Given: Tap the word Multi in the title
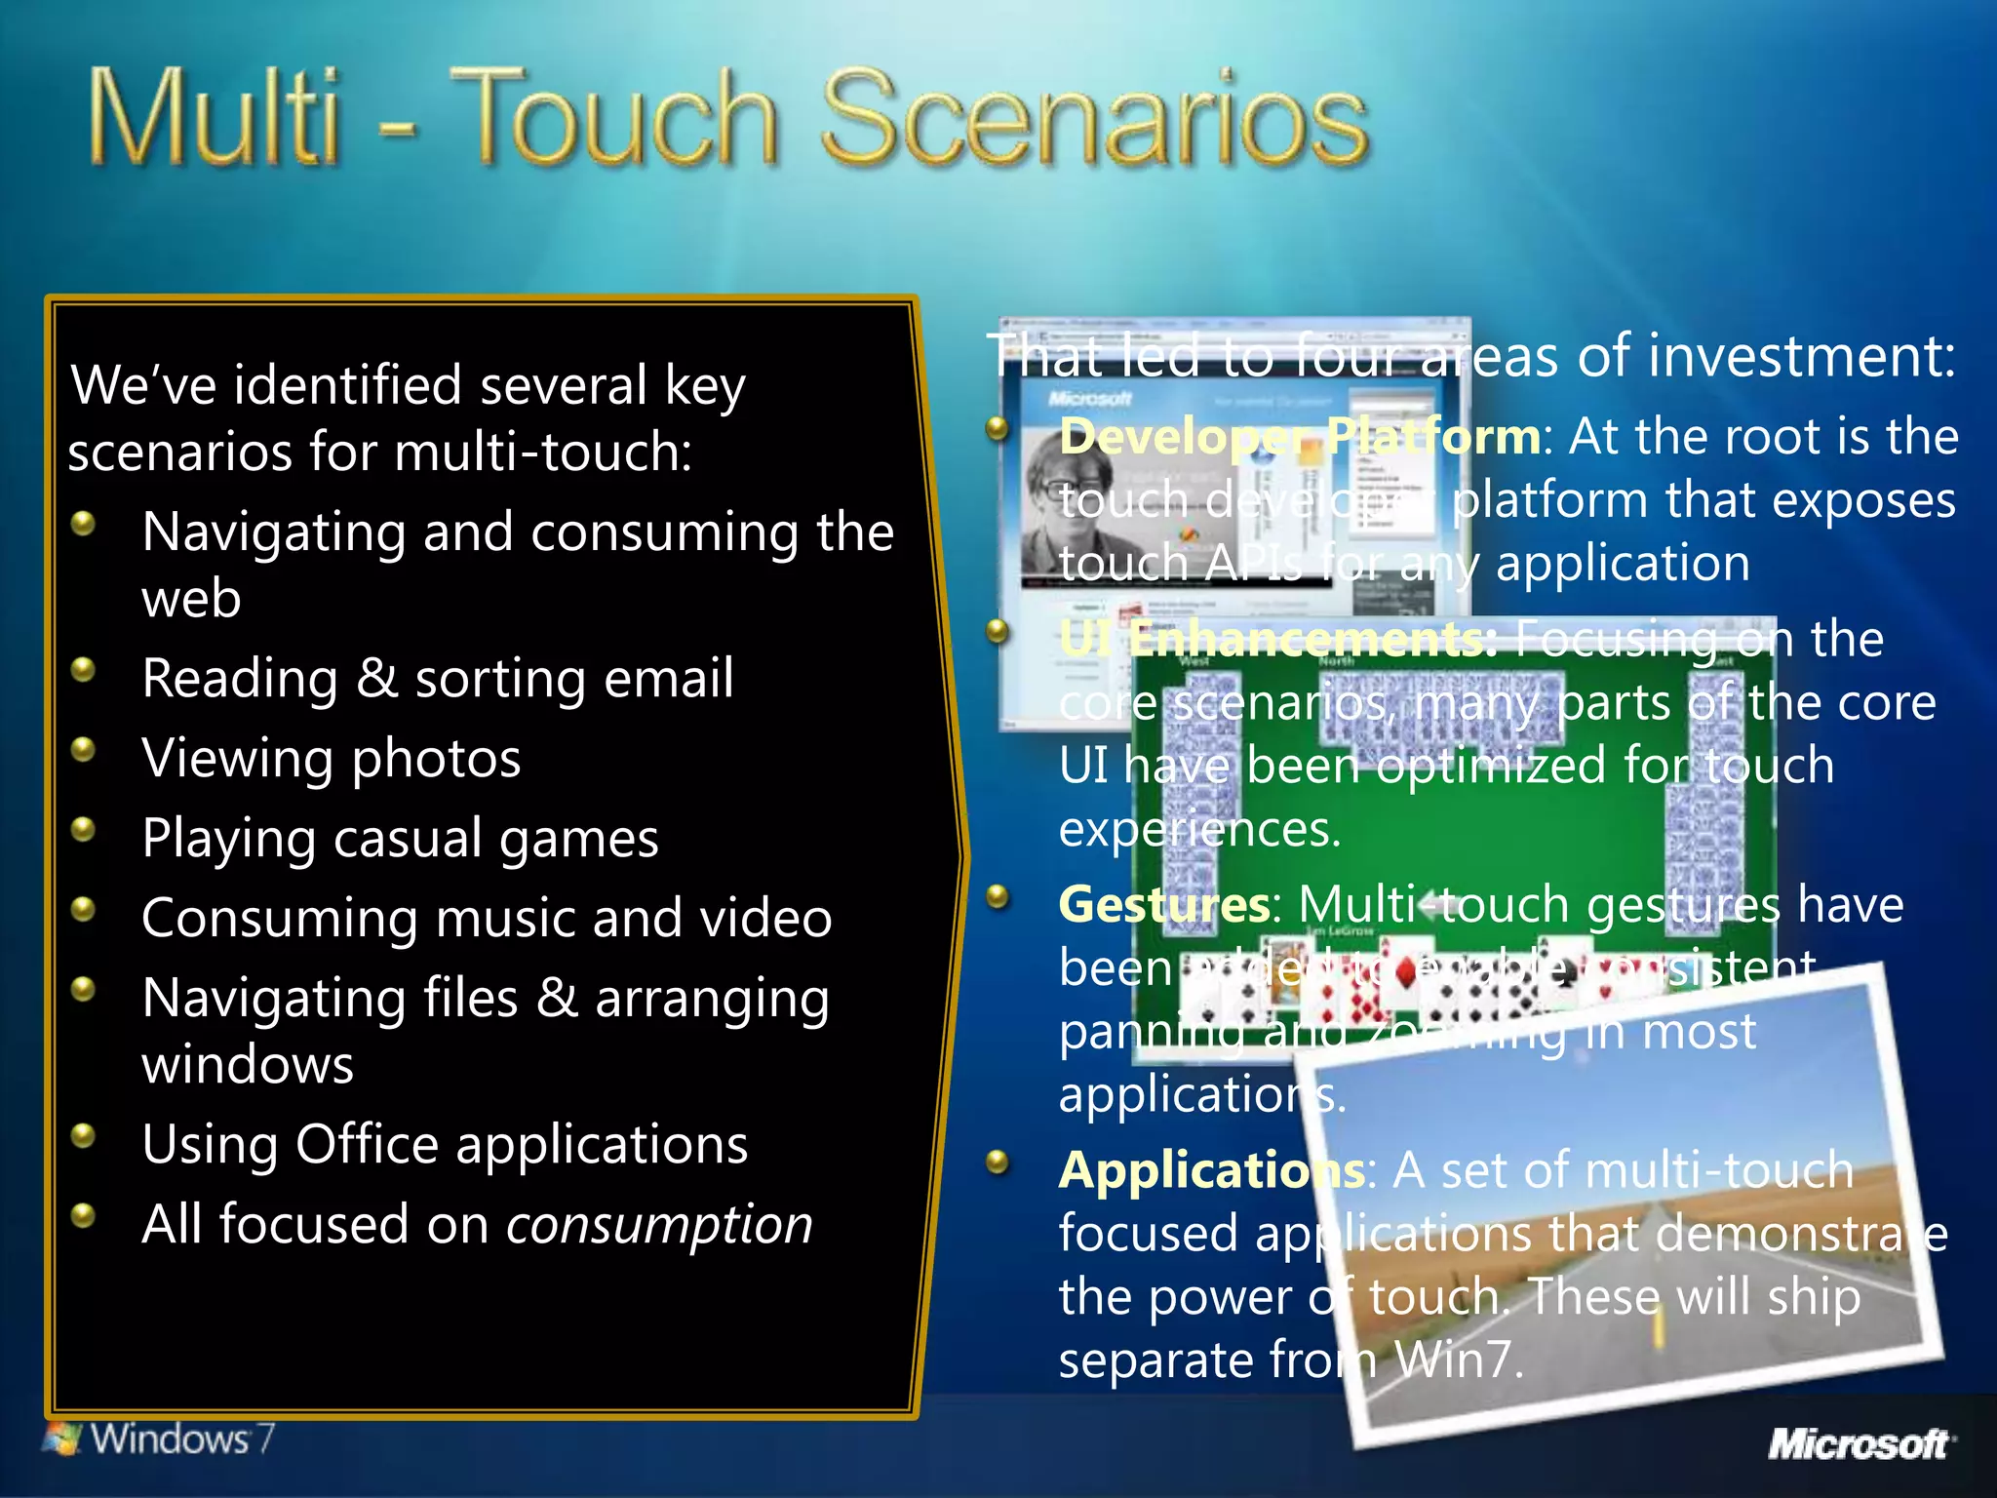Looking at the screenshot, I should [x=215, y=119].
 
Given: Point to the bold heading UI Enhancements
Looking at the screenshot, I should [x=1277, y=640].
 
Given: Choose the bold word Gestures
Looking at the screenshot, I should [x=1164, y=904].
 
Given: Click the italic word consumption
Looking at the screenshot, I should [x=659, y=1225].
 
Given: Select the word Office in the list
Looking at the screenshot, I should [x=367, y=1145].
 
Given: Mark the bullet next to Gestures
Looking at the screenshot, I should [x=997, y=897].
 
